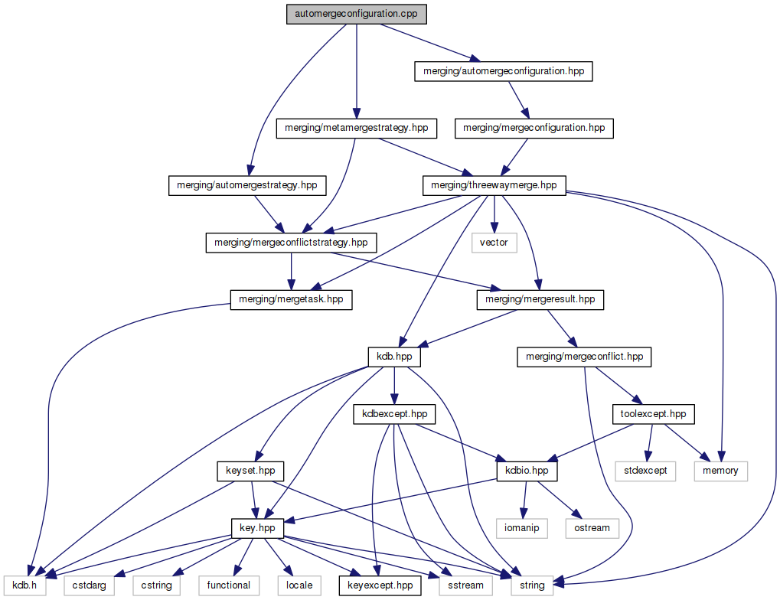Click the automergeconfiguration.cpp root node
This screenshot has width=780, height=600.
pos(356,14)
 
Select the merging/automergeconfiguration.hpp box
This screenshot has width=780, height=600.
pos(503,71)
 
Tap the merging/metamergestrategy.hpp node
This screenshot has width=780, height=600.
pos(356,128)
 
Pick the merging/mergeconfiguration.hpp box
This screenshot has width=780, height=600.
pos(534,128)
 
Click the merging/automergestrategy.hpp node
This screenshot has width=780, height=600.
pos(246,185)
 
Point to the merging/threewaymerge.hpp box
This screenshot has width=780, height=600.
pos(494,185)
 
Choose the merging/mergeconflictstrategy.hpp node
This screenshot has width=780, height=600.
pos(291,243)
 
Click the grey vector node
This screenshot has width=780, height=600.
pos(494,243)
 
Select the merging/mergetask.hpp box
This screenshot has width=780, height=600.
pos(291,300)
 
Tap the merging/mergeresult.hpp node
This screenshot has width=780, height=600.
pos(540,300)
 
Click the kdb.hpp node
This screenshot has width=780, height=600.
pos(393,357)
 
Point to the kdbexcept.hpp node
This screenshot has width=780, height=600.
pos(393,414)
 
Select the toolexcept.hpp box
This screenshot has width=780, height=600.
pos(653,414)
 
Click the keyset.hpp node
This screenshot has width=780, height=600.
pos(250,471)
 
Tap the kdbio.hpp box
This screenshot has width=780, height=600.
pos(527,471)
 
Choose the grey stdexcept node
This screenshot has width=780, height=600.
pos(645,471)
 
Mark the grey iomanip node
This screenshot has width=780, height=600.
pos(524,528)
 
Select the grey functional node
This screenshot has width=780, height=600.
pos(228,585)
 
